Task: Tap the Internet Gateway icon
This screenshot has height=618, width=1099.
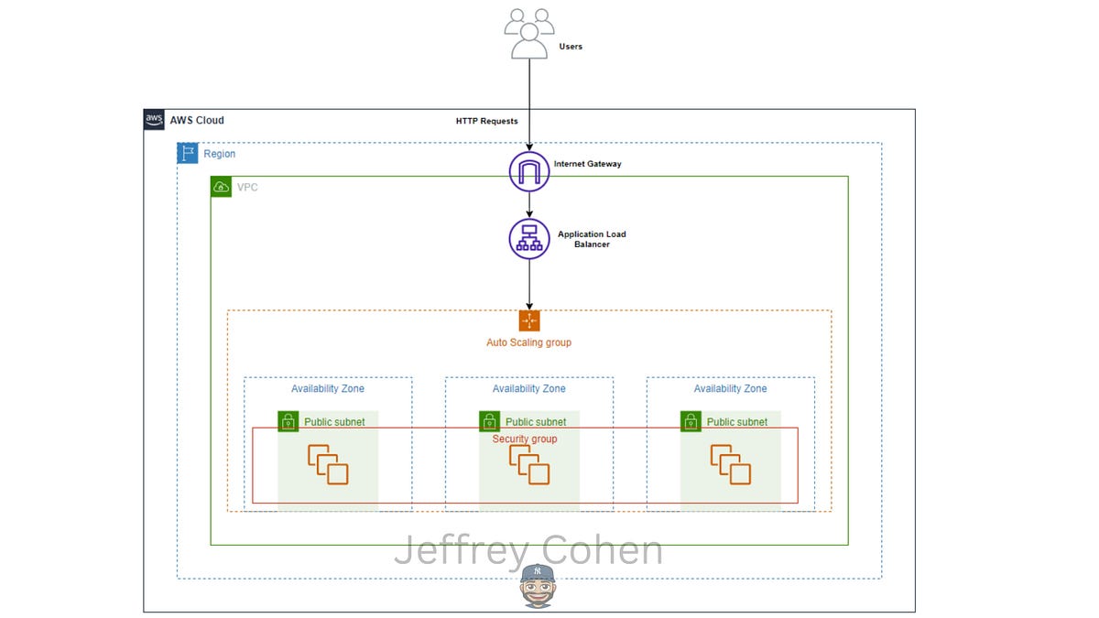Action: coord(529,171)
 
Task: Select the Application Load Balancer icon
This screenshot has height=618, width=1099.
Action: coord(529,239)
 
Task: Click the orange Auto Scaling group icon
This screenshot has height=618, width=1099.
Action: coord(529,320)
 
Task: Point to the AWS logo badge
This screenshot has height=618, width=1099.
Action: coord(154,120)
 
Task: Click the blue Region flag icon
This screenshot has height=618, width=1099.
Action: coord(188,153)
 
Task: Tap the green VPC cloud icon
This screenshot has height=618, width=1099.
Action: coord(221,187)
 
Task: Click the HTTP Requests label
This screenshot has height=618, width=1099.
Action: coord(486,121)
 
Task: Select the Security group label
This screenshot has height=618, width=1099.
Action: coord(525,439)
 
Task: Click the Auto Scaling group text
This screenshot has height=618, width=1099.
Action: coord(529,342)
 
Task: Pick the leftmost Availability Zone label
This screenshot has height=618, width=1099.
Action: coord(328,388)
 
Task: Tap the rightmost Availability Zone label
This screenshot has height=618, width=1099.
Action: coord(730,388)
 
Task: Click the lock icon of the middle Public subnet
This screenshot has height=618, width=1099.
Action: coord(489,421)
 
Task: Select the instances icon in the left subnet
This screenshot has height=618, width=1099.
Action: coord(328,464)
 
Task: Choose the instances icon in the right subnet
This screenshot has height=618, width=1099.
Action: coord(731,464)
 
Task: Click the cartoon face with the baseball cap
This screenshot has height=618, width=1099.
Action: coord(538,586)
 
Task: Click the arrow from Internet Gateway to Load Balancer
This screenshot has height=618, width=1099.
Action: coord(529,204)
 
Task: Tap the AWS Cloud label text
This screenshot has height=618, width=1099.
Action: coord(197,120)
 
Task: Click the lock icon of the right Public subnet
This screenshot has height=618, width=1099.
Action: coord(691,421)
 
